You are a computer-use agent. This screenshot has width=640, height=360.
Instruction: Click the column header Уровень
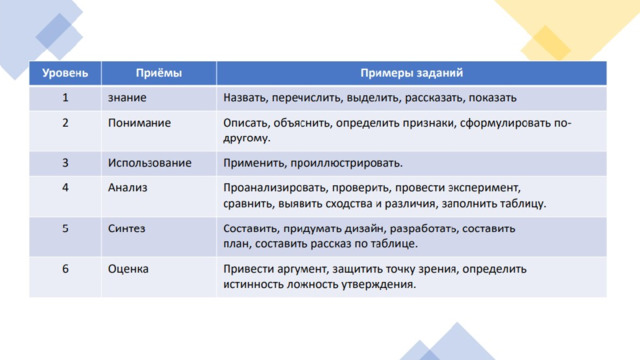(x=65, y=73)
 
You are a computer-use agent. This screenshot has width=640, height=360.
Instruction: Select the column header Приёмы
(x=159, y=73)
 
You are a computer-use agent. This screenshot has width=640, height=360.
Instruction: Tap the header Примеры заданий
(x=411, y=73)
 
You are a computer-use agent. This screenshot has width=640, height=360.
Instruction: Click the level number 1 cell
(x=65, y=98)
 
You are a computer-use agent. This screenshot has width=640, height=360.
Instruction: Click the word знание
(x=127, y=98)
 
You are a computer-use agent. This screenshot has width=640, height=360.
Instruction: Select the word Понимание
(x=139, y=123)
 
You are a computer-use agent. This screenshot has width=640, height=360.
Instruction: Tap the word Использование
(x=149, y=163)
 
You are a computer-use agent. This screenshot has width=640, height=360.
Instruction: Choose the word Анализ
(x=127, y=188)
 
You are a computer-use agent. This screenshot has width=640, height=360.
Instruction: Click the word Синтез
(x=127, y=229)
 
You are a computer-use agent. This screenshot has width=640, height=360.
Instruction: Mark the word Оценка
(x=128, y=269)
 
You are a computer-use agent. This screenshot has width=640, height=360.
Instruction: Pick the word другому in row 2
(x=247, y=138)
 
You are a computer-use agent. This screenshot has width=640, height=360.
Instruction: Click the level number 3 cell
(x=65, y=163)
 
